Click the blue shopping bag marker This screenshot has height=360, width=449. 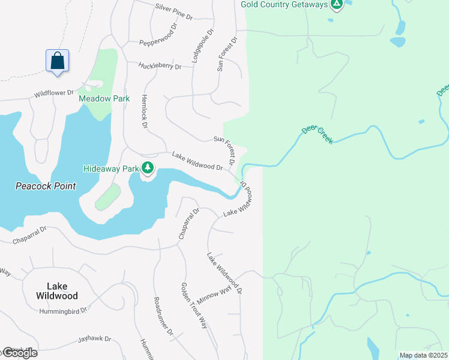click(57, 61)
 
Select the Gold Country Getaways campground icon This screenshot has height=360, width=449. click(337, 5)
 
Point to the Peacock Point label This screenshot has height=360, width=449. click(46, 186)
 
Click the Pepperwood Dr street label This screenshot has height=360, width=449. click(159, 38)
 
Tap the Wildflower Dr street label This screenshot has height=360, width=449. click(53, 94)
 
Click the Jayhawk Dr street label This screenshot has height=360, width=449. click(95, 339)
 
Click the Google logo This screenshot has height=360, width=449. click(19, 353)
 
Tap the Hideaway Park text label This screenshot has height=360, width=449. click(112, 169)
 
